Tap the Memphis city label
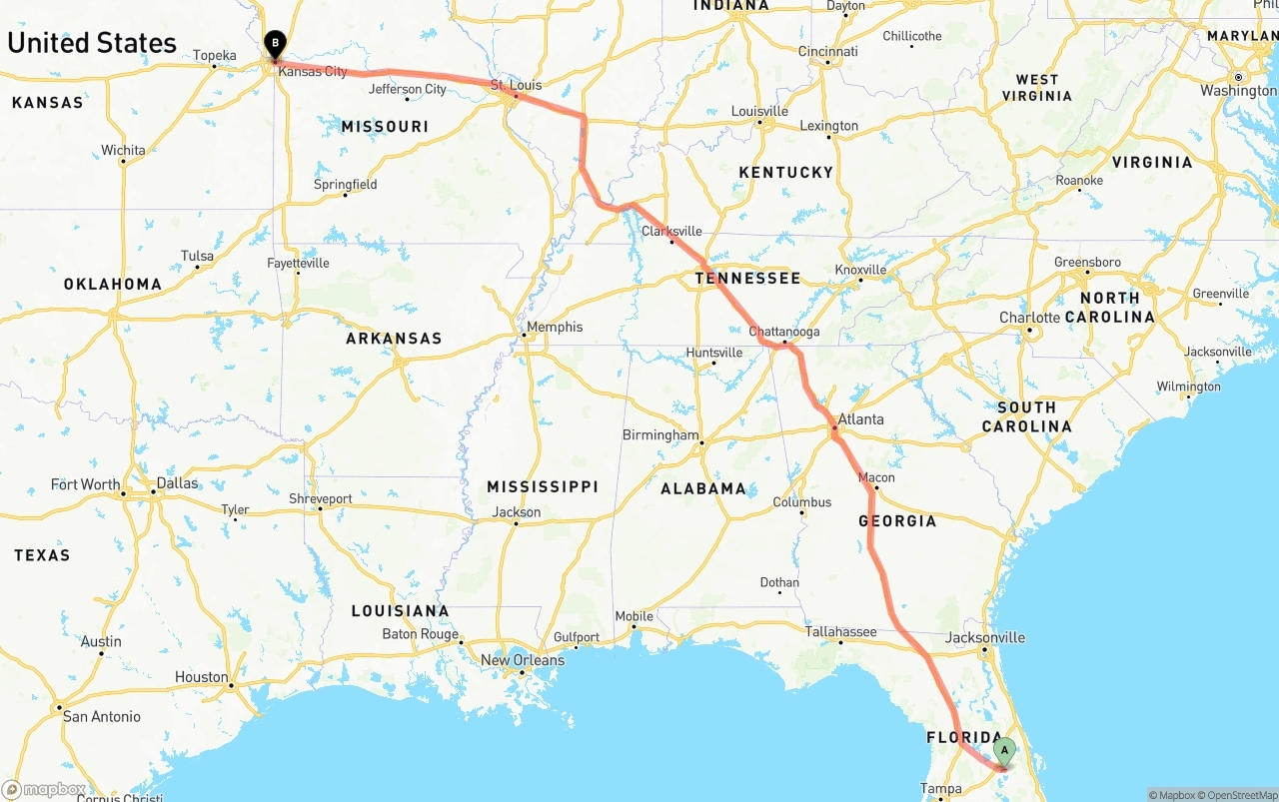555,327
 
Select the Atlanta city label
860,419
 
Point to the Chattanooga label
784,332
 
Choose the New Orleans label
523,660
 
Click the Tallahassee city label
841,631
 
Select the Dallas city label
177,483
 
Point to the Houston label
202,677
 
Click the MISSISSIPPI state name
543,486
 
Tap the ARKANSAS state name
394,339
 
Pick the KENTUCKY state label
785,173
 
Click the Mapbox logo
44,790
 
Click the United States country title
92,43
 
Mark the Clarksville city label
671,231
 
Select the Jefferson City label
408,89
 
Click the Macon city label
876,477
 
